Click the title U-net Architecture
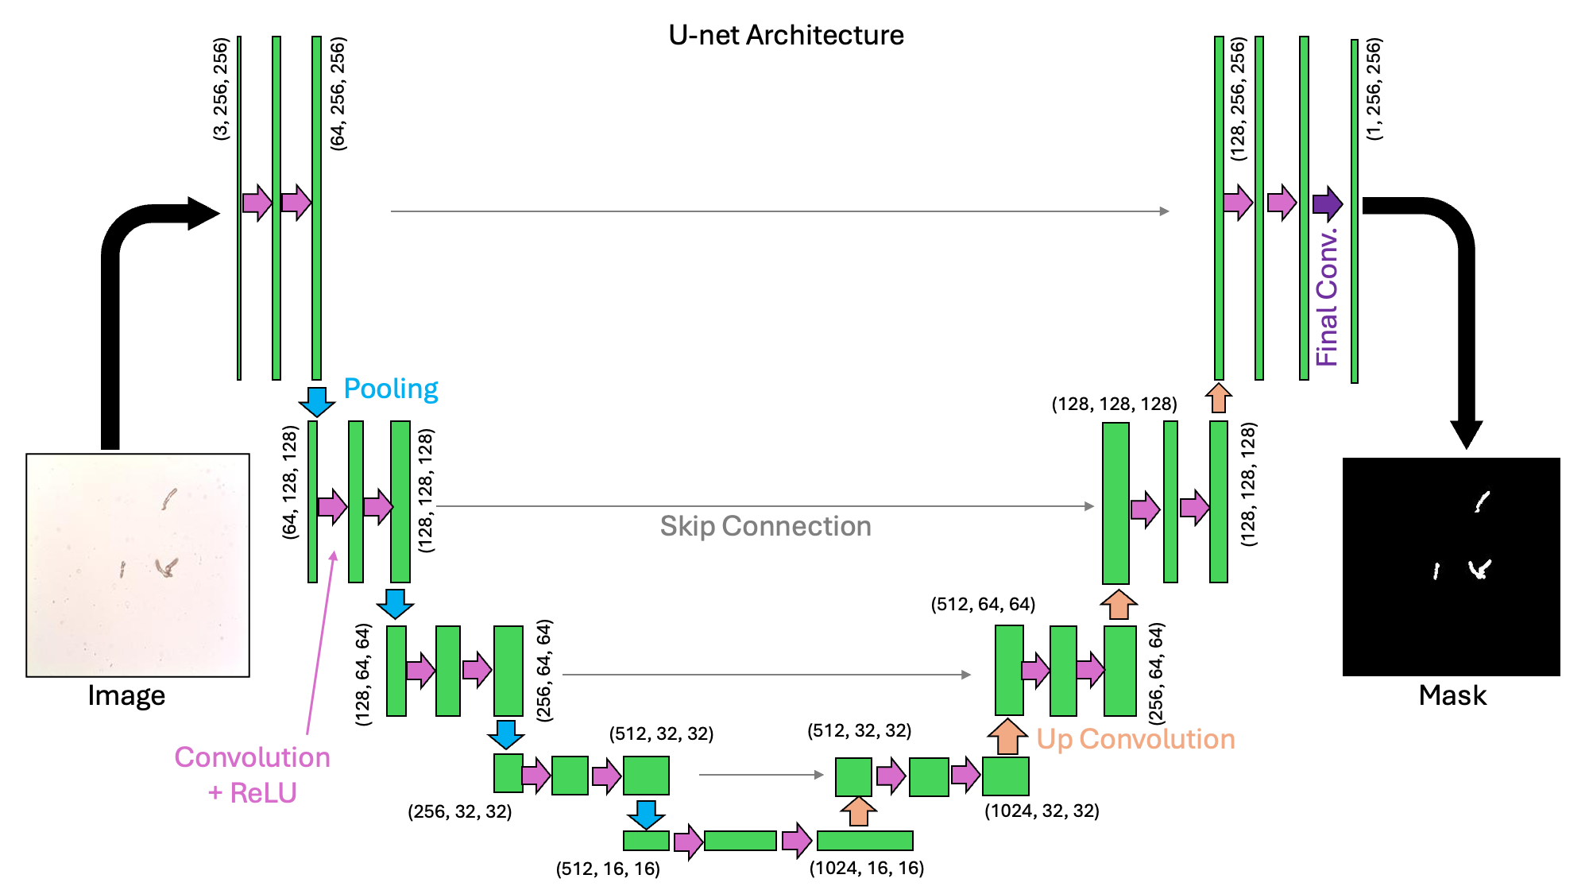[786, 35]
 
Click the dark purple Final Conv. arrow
[1327, 204]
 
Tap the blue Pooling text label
[390, 389]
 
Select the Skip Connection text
[765, 526]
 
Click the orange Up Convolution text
[1135, 739]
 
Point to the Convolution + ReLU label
[252, 775]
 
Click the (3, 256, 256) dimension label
[221, 89]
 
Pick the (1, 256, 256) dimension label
[1374, 89]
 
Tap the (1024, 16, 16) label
[866, 868]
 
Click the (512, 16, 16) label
[608, 869]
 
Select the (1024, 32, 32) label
[1042, 811]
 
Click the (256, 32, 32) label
[459, 811]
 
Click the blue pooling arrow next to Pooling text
[316, 401]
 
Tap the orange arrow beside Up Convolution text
[1007, 737]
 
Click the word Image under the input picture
[126, 695]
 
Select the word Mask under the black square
[1452, 695]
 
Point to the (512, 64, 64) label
[983, 604]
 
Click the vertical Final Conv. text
[1327, 298]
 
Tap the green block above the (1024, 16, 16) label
[864, 840]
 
